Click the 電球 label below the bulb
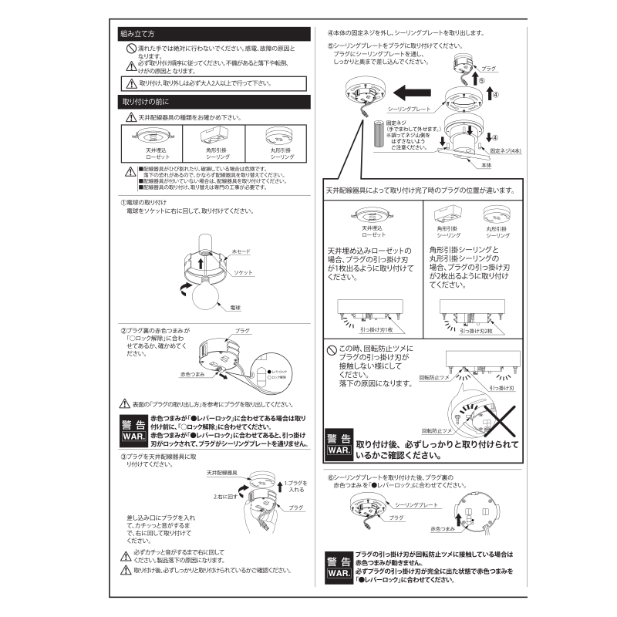236,307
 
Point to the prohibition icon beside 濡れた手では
131,49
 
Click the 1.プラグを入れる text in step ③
298,485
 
